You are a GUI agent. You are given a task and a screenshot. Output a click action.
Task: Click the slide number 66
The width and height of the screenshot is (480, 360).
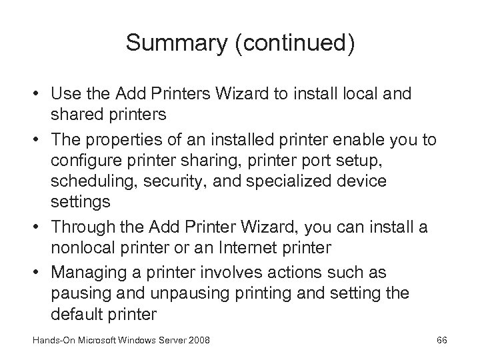click(x=441, y=341)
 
